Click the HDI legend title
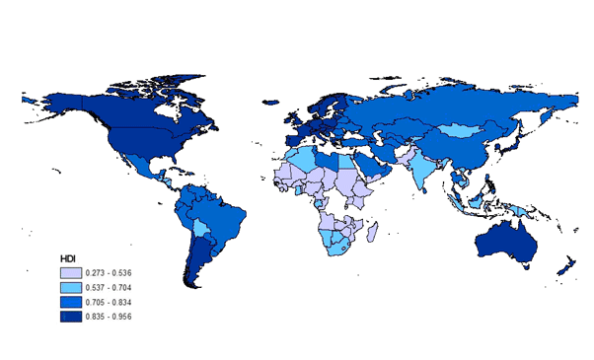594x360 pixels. coord(69,257)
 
